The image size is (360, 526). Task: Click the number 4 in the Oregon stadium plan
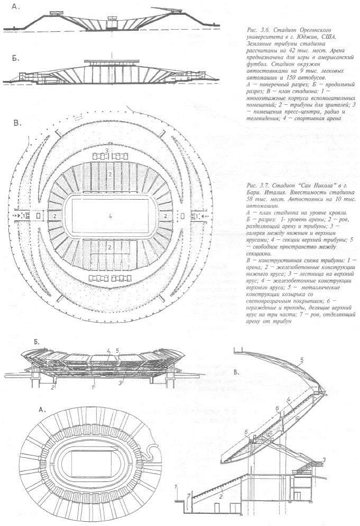[x=110, y=216]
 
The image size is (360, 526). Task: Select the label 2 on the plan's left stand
[x=54, y=217]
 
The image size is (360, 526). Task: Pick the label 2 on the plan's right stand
[x=166, y=217]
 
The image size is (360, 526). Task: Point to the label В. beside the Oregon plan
[x=16, y=123]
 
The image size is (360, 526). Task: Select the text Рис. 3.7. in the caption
[x=259, y=186]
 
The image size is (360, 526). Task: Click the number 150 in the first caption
[x=289, y=77]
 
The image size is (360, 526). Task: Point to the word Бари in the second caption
[x=255, y=194]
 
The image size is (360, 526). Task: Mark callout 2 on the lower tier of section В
[x=220, y=496]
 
